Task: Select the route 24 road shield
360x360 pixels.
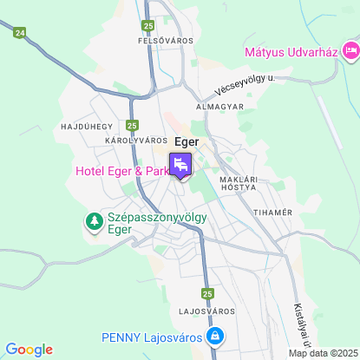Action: pyautogui.click(x=20, y=32)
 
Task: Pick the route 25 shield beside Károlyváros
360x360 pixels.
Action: pyautogui.click(x=132, y=125)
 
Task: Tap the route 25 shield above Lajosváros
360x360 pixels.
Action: pyautogui.click(x=207, y=293)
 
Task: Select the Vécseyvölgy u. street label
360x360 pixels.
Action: pyautogui.click(x=246, y=85)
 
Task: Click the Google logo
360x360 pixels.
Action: pyautogui.click(x=29, y=349)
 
